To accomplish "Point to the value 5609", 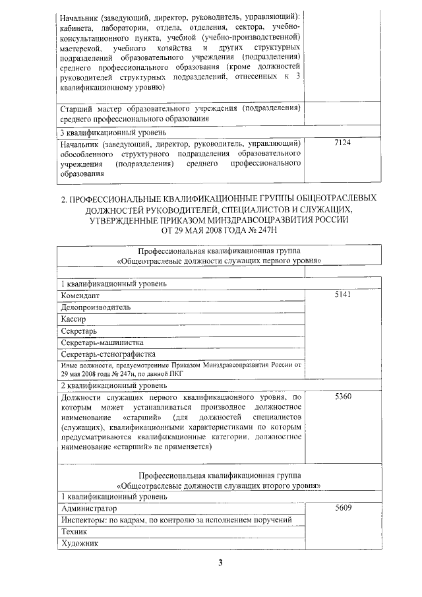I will point(343,508).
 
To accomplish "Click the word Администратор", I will point(88,509).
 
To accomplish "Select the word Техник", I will point(73,532).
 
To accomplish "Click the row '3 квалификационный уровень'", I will point(109,132).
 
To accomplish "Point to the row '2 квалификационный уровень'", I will point(109,385).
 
